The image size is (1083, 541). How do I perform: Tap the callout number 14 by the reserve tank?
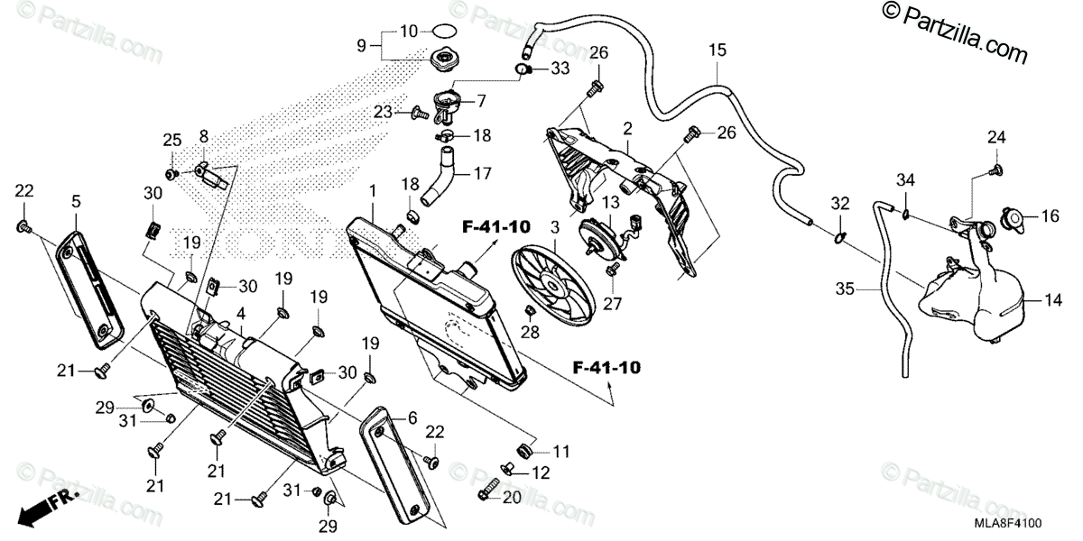(x=1053, y=298)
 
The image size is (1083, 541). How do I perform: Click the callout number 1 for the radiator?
(x=371, y=191)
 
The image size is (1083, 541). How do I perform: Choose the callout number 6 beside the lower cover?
(x=412, y=417)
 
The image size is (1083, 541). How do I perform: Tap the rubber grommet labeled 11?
(x=523, y=448)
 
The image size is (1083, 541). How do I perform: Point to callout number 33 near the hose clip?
(x=560, y=68)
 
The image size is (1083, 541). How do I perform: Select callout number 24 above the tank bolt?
(x=995, y=138)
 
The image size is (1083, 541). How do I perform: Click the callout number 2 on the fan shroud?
(x=625, y=129)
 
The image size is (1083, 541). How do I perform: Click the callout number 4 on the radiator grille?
(x=241, y=314)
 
